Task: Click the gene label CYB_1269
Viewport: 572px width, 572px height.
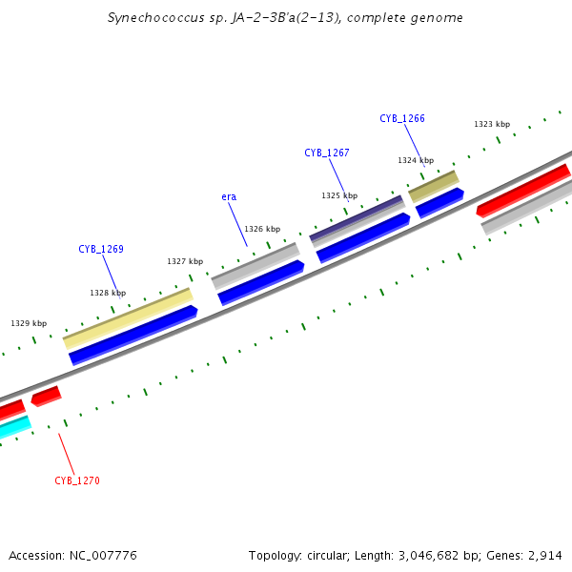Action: [x=101, y=249]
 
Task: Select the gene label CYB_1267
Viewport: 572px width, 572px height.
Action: [x=327, y=153]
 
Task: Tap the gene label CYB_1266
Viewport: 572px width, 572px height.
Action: [x=402, y=118]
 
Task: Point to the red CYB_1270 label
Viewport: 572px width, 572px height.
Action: [x=77, y=480]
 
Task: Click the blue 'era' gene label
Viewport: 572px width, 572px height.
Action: [x=229, y=196]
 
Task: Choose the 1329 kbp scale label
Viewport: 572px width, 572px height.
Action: [x=29, y=323]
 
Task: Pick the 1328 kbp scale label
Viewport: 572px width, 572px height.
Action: [x=108, y=293]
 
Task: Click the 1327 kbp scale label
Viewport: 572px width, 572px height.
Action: [x=185, y=260]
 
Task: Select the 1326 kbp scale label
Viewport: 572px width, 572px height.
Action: [x=262, y=228]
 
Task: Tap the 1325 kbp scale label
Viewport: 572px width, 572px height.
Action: [x=339, y=194]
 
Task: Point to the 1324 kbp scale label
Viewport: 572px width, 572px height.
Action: [x=416, y=160]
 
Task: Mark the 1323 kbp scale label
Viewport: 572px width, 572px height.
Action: [x=492, y=124]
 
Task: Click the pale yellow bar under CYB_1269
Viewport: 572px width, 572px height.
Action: [x=128, y=317]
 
